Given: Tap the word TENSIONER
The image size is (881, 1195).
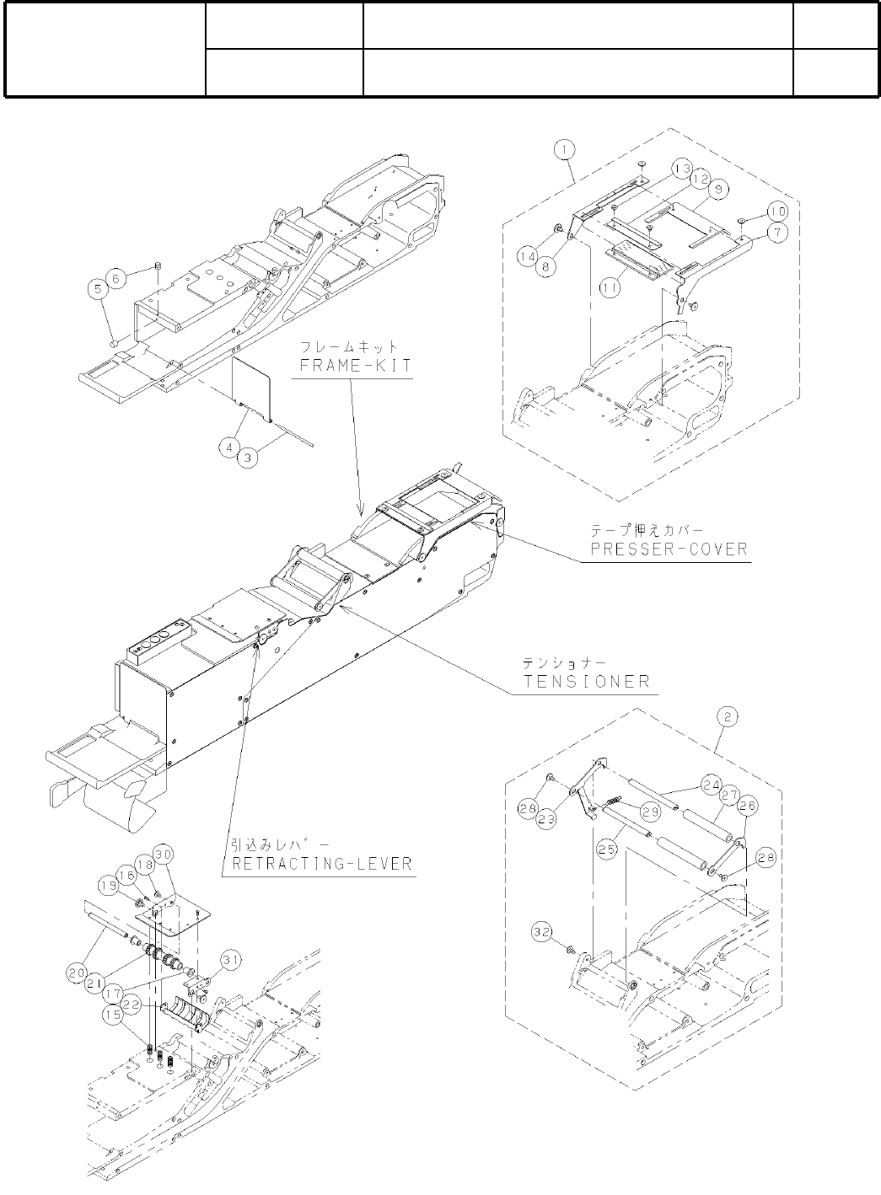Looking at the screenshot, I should click(x=587, y=681).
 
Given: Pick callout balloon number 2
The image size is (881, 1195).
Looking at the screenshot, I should click(x=727, y=718).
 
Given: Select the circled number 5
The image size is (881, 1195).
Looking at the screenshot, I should click(x=98, y=289).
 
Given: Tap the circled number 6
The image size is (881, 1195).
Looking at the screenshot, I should click(x=118, y=275).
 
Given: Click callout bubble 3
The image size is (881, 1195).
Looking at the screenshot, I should click(x=248, y=457).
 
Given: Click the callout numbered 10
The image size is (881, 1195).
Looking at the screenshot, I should click(x=776, y=209).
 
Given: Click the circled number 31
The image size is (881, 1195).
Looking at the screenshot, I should click(x=230, y=960).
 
